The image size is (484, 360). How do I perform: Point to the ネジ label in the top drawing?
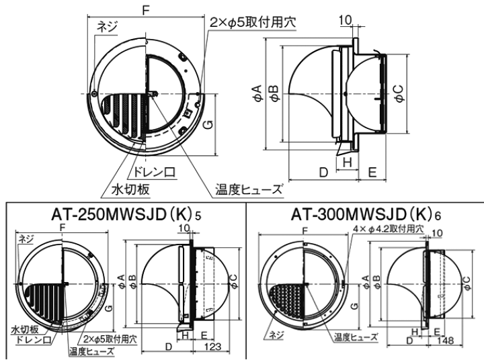coord(107,26)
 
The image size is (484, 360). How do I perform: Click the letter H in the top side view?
coord(347,162)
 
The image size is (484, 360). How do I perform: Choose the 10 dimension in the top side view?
coord(345,21)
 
